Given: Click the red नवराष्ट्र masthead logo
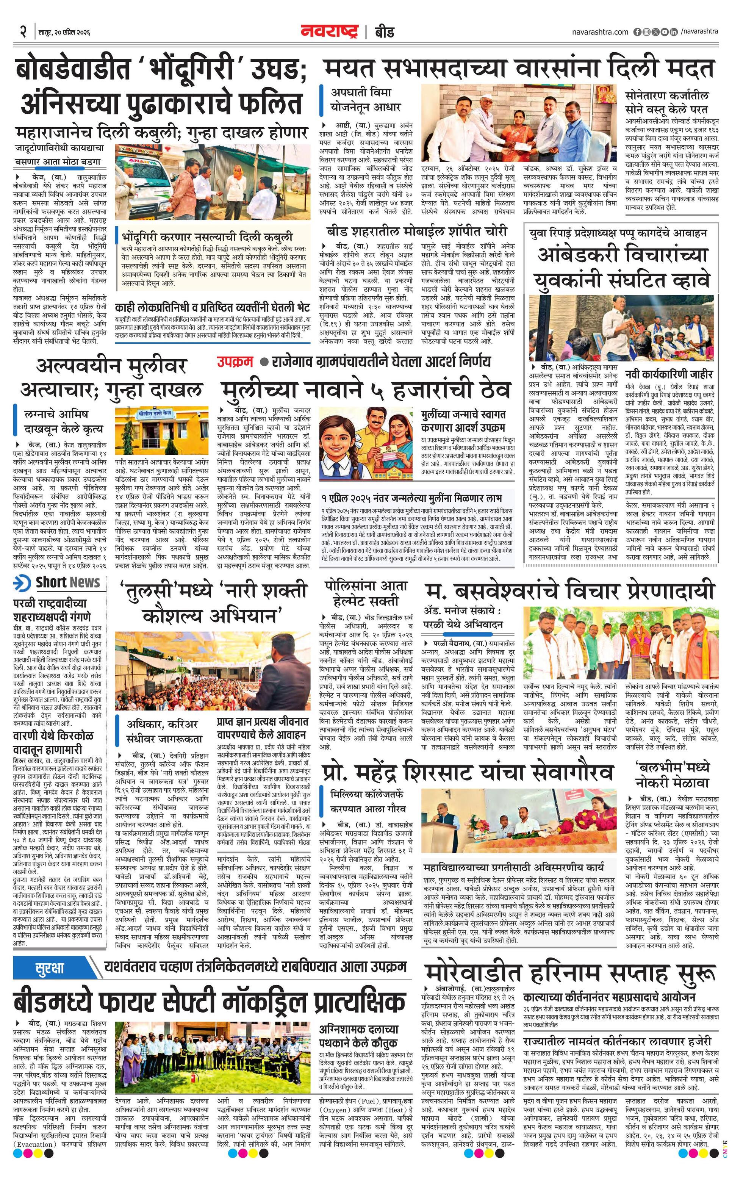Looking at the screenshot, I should coord(329,32).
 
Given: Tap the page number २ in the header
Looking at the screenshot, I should coord(22,32).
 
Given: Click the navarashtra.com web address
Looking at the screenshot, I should coord(600,32).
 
